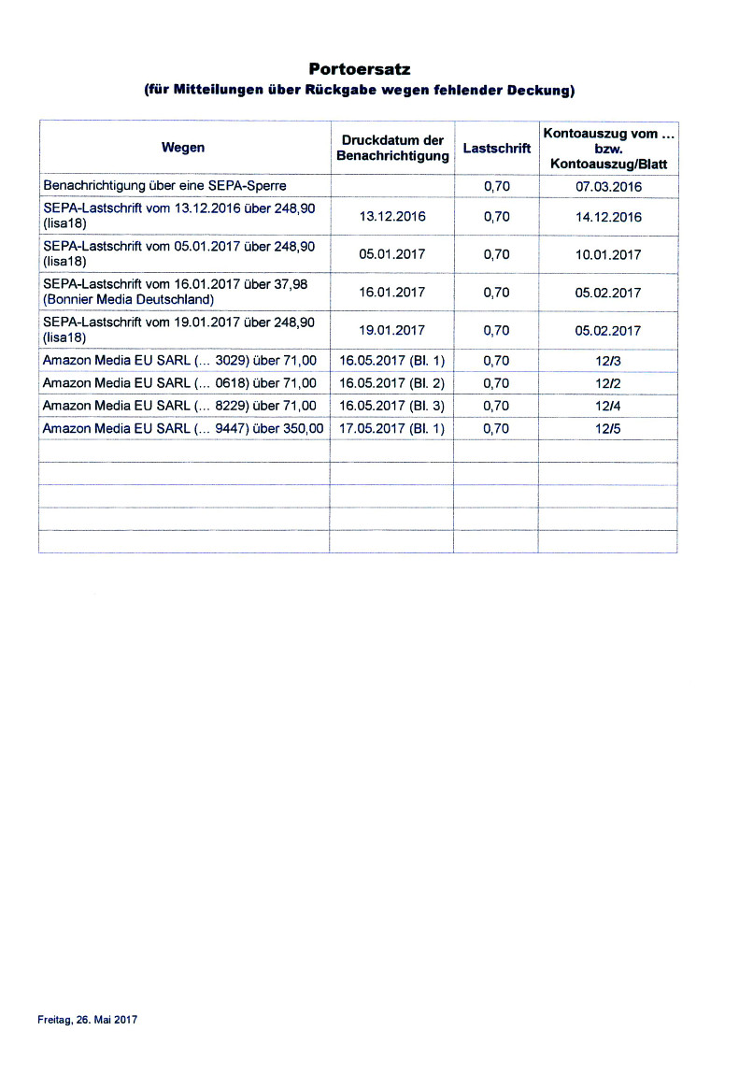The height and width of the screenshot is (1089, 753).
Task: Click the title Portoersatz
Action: point(360,70)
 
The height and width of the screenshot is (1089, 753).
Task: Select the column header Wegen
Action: point(183,148)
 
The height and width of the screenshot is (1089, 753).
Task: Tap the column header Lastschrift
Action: point(496,148)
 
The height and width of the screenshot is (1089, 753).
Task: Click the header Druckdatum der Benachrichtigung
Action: point(392,148)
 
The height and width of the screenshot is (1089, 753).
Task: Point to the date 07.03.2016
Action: point(608,186)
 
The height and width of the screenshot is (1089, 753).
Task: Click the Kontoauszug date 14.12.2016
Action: point(608,217)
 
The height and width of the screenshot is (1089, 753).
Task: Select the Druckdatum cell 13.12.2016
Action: point(392,217)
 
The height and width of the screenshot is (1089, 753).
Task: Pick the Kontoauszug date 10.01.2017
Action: point(608,254)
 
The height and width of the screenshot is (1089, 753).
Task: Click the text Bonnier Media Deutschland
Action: point(129,300)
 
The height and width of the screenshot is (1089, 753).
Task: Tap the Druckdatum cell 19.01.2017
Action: point(392,330)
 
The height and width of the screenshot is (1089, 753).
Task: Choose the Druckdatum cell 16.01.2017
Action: point(392,293)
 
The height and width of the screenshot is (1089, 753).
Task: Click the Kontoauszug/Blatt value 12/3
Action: point(608,360)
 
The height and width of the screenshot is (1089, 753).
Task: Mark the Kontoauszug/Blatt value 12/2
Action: point(608,383)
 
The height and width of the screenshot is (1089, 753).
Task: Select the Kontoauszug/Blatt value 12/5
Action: point(608,428)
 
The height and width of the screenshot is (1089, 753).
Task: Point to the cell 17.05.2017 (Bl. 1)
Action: point(392,428)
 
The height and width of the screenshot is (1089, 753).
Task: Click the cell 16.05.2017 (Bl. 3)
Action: point(392,406)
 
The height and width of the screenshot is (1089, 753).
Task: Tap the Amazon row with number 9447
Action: point(183,428)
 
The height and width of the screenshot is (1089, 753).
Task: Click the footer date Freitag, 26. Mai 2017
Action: point(88,1020)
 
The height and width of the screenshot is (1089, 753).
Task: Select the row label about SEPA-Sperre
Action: point(164,186)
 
